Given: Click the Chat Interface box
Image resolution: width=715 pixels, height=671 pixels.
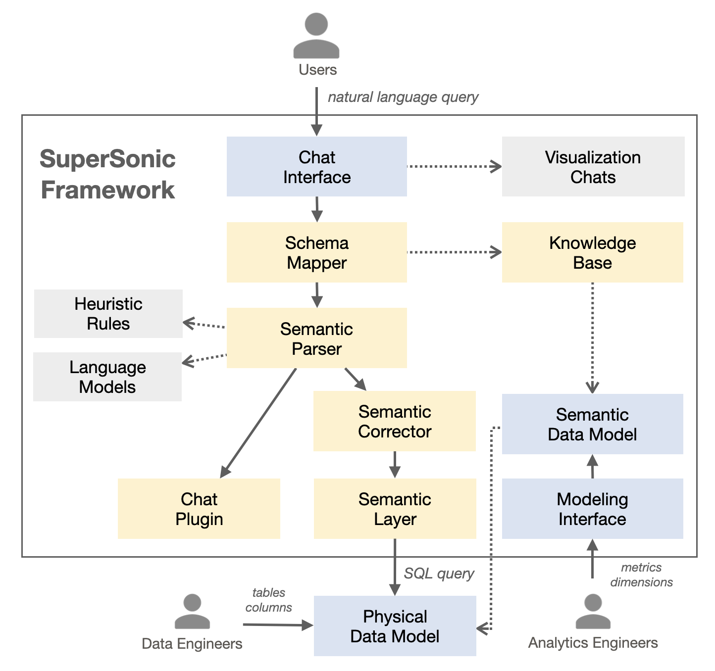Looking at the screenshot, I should (316, 167).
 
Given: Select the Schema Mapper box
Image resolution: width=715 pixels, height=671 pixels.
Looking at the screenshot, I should (316, 252).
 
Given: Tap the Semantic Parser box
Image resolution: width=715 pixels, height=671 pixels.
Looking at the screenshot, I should (316, 338).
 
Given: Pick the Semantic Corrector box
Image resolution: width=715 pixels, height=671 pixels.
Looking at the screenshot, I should (395, 421).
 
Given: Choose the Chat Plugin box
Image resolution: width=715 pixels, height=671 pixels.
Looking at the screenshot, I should (199, 509).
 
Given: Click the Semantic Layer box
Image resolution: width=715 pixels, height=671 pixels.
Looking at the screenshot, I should (395, 509).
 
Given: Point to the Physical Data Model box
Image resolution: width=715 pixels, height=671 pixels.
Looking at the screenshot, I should (395, 626).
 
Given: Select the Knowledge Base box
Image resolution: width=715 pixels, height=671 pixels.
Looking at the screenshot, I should (592, 252).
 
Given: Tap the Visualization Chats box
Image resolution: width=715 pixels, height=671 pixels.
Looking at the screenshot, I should (593, 167).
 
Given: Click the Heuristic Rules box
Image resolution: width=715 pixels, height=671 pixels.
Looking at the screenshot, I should (108, 314).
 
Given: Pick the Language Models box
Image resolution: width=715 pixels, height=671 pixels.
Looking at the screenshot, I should (107, 377).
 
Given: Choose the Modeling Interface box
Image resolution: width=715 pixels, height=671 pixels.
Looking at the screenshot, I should (592, 509).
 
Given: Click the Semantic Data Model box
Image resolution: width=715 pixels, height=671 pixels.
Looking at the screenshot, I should (592, 424).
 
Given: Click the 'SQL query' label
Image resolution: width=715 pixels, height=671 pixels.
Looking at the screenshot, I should (439, 574).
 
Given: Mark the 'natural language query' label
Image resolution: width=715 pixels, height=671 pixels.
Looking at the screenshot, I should (403, 97).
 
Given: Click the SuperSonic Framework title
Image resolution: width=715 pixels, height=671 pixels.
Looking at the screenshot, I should (107, 174).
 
